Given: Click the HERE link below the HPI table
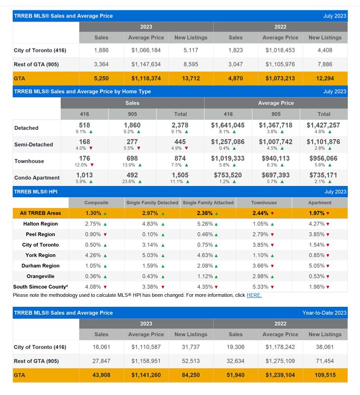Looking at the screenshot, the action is (254, 295).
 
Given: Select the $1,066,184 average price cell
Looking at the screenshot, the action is (146, 50).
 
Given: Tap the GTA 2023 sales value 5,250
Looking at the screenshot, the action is (101, 78).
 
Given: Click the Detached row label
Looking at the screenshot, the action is (26, 128).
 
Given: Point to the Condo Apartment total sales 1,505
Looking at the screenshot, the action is (180, 175).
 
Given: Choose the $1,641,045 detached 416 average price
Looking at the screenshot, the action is (228, 125).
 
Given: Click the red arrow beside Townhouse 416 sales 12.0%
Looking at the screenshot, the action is (92, 165).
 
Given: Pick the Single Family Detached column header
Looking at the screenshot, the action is (152, 203).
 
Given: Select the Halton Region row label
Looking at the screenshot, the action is (41, 224).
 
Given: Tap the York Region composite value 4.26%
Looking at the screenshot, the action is (93, 255).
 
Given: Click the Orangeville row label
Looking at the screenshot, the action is (41, 276).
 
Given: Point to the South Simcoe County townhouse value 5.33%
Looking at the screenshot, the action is (261, 287).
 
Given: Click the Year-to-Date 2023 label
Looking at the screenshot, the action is (324, 313).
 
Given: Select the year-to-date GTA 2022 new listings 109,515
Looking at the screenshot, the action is (325, 375).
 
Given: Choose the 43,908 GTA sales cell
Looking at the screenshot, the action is (101, 375).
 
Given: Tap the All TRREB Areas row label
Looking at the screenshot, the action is (41, 213).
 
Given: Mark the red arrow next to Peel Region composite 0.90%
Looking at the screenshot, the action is (105, 234).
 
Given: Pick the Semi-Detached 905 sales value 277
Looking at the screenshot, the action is (132, 142).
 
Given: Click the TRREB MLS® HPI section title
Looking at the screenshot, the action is (35, 192).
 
